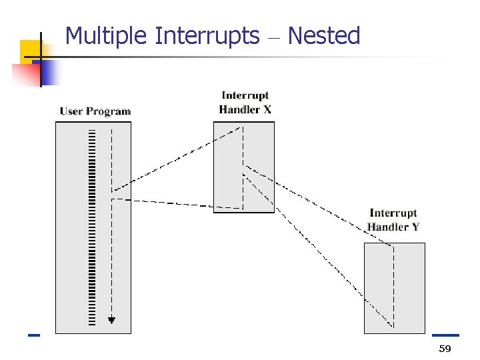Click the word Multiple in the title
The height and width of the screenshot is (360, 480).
(107, 36)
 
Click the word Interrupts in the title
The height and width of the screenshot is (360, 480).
(207, 36)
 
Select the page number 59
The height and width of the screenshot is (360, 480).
(445, 350)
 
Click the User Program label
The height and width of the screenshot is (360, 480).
(95, 111)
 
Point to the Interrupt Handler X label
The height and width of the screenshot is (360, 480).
(245, 103)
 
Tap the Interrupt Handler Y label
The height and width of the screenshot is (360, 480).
(393, 220)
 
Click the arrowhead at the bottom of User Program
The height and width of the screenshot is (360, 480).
(112, 320)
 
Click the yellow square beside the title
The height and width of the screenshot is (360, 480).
(31, 51)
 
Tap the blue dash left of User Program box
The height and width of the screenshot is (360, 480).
(34, 335)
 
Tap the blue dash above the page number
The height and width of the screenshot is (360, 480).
(445, 335)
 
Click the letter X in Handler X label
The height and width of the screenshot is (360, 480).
(267, 109)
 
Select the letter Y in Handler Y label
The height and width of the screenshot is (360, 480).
(415, 227)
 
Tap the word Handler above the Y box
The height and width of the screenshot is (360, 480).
(388, 227)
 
